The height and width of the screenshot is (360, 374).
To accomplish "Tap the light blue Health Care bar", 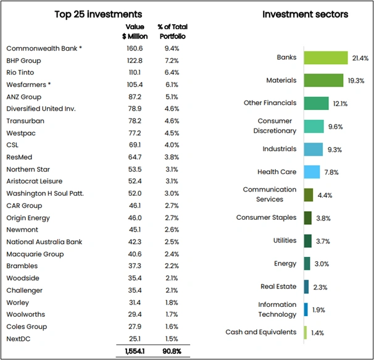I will pyautogui.click(x=312, y=172).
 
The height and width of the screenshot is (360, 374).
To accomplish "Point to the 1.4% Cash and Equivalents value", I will pyautogui.click(x=317, y=333).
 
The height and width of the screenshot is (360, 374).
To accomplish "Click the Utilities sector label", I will pyautogui.click(x=285, y=241).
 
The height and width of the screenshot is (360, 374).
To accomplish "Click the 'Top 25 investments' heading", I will pyautogui.click(x=98, y=14).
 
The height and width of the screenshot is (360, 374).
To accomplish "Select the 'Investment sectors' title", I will pyautogui.click(x=305, y=14).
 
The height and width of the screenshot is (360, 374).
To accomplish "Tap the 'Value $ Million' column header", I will pyautogui.click(x=134, y=31).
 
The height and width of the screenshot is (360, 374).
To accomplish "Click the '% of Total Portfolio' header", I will pyautogui.click(x=173, y=31).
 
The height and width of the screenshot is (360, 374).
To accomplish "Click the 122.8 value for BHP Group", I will pyautogui.click(x=134, y=61).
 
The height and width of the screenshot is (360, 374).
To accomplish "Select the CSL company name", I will pyautogui.click(x=13, y=145).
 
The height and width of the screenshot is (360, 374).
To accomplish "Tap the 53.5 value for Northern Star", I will pyautogui.click(x=134, y=169).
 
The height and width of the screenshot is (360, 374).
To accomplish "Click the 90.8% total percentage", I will pyautogui.click(x=172, y=351).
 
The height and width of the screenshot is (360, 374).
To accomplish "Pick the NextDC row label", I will pyautogui.click(x=20, y=338).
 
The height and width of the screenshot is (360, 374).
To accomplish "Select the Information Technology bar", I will pyautogui.click(x=305, y=309).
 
